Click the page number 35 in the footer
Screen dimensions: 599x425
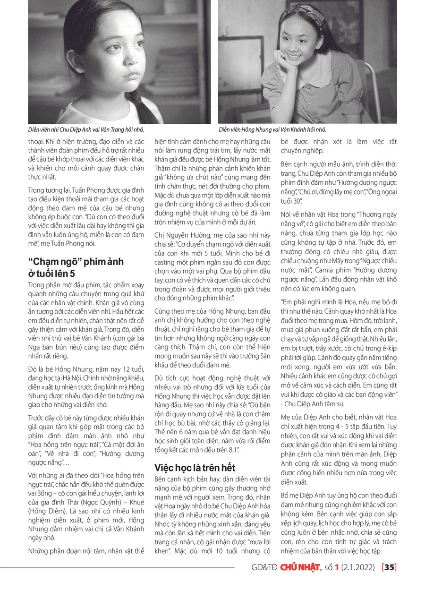coord(390,567)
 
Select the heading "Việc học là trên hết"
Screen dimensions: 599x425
coord(195,468)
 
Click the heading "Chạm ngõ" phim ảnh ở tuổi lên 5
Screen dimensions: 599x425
coord(76,268)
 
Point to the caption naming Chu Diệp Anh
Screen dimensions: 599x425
coord(86,129)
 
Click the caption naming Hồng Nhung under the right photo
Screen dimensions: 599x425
coord(272,129)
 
